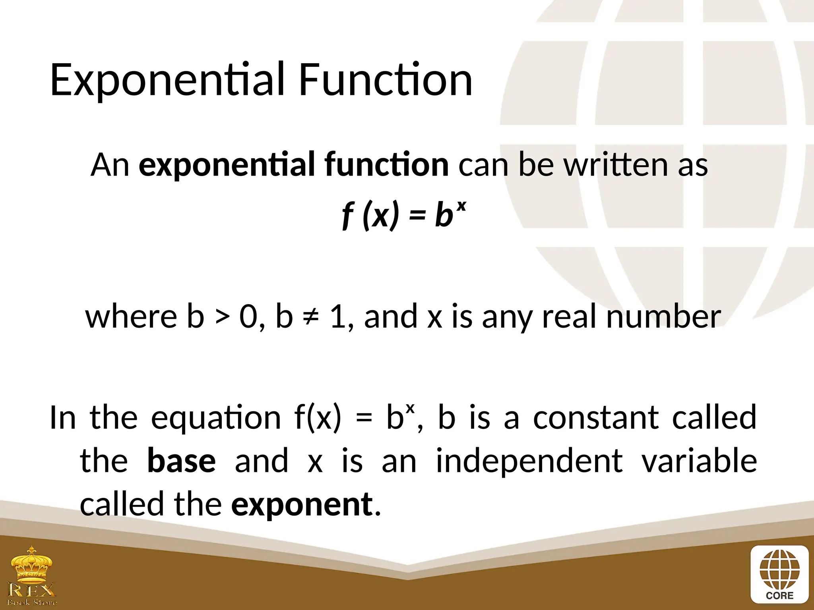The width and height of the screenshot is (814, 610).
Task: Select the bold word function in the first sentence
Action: [386, 164]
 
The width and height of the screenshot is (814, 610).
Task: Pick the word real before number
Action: [569, 317]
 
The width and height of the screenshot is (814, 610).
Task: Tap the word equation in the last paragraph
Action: [216, 419]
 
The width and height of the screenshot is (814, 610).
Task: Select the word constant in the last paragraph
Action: [595, 418]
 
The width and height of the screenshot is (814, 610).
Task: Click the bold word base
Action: [181, 461]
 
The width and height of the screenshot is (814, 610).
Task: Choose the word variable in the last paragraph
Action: [700, 461]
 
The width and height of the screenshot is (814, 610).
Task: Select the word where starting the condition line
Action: [131, 317]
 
